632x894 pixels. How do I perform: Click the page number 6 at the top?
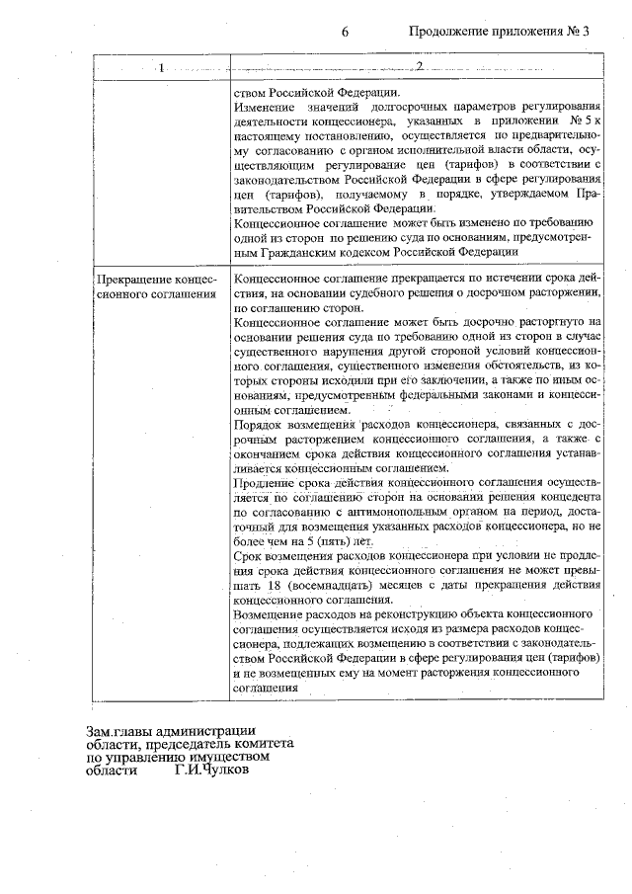[x=346, y=32]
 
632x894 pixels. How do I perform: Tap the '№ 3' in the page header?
[x=576, y=32]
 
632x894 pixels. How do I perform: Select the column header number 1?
[x=160, y=66]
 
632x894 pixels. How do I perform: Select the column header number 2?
[x=420, y=66]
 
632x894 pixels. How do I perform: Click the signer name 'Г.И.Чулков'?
[x=211, y=771]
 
